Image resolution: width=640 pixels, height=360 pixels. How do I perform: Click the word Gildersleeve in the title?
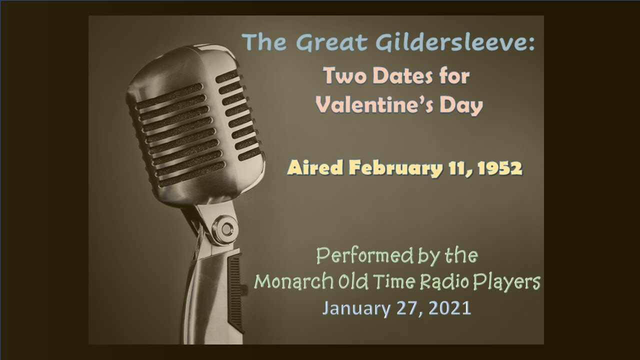[464, 43]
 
